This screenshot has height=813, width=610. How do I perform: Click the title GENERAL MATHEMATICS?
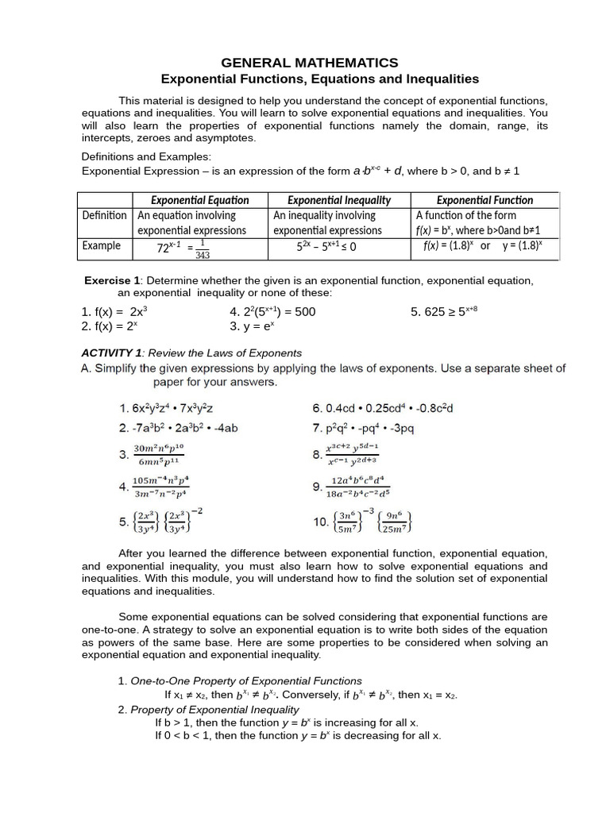click(309, 63)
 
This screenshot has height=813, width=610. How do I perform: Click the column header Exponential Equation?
click(200, 200)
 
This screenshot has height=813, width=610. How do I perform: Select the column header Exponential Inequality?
click(338, 200)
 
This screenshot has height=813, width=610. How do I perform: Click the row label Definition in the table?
click(104, 215)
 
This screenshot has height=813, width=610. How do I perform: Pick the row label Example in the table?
click(102, 245)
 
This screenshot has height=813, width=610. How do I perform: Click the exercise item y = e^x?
click(252, 326)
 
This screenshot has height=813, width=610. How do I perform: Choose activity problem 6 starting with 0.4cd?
click(388, 408)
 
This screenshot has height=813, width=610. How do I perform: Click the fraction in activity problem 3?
click(158, 455)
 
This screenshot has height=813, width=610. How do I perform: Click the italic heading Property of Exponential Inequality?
click(214, 709)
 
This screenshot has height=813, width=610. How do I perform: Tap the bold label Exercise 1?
click(112, 281)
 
